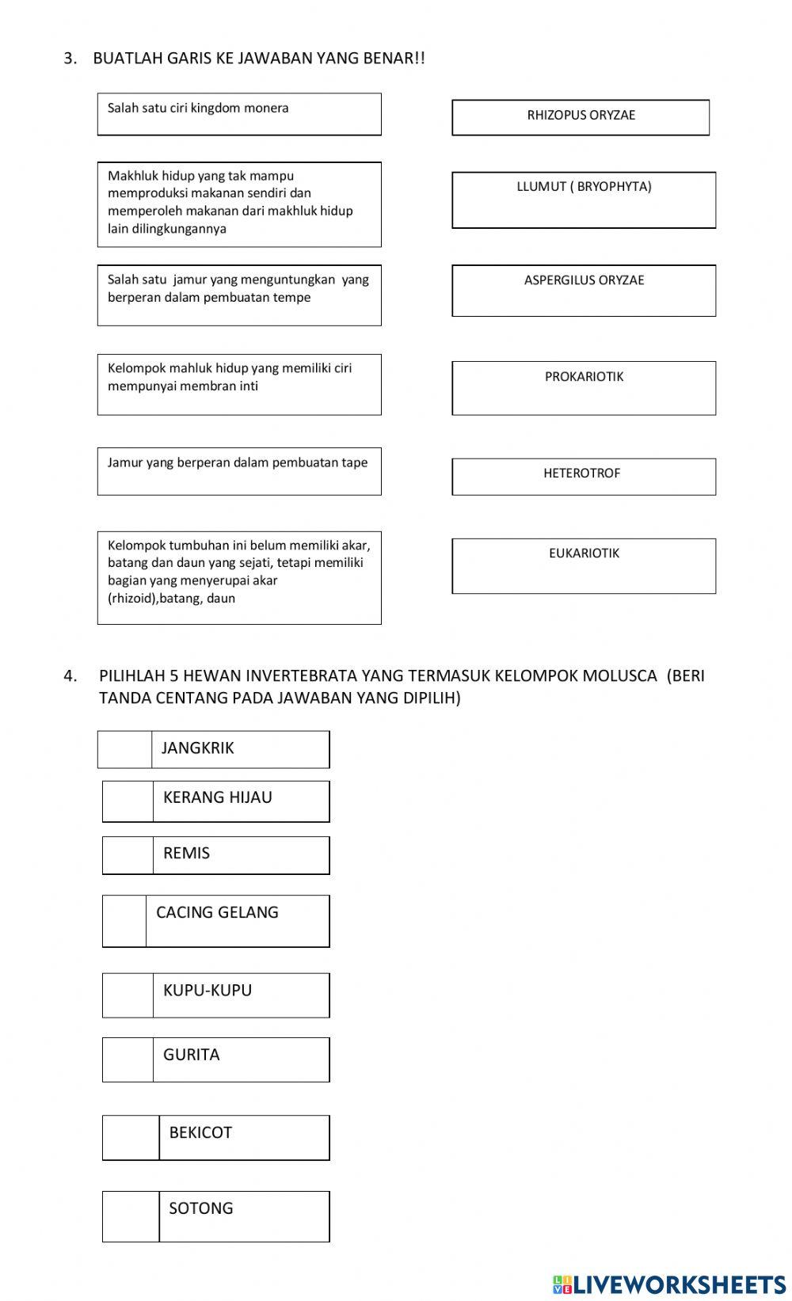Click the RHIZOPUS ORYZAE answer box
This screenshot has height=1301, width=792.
[x=581, y=117]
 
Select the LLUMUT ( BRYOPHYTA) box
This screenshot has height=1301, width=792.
[x=584, y=200]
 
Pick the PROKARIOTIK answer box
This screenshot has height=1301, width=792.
[x=584, y=388]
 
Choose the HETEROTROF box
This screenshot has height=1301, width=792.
[x=584, y=476]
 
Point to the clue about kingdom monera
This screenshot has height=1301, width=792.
[x=238, y=114]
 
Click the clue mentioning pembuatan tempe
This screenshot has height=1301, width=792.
[x=238, y=295]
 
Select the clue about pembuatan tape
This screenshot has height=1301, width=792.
[x=238, y=470]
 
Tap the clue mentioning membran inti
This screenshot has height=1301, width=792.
[x=238, y=384]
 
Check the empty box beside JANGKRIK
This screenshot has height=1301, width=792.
[x=125, y=749]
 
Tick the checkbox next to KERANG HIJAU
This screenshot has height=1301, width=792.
[x=128, y=801]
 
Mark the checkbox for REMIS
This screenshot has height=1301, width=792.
[x=128, y=855]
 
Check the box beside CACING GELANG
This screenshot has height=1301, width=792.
[x=124, y=920]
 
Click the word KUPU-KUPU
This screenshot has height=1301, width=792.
[x=208, y=991]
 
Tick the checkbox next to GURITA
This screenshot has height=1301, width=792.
[x=128, y=1059]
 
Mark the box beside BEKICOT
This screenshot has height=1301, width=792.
[x=131, y=1137]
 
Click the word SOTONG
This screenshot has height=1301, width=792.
[x=201, y=1208]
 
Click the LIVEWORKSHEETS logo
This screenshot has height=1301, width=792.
[x=668, y=1284]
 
